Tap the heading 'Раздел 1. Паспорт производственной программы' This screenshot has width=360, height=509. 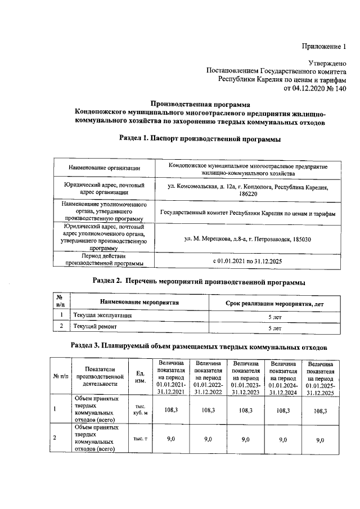200,138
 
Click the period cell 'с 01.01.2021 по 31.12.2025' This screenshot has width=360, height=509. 247,262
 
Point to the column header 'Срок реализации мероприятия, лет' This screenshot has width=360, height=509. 274,304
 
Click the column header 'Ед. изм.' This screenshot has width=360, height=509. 141,376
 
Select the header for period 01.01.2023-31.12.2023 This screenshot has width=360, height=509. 246,376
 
